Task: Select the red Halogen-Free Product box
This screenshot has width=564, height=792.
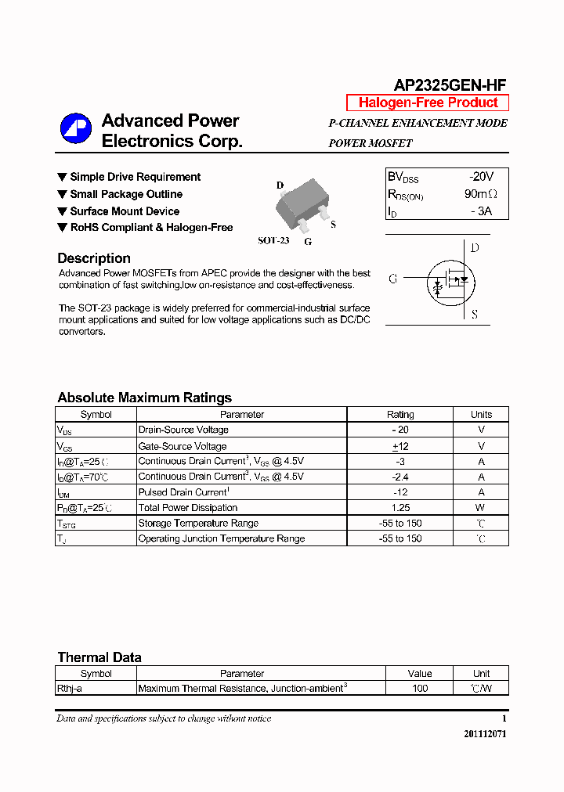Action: point(428,103)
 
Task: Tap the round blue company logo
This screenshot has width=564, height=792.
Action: point(76,129)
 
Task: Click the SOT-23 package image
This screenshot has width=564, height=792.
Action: point(302,206)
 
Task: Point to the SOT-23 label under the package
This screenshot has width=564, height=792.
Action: point(273,240)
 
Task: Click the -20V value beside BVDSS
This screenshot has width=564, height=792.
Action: point(481,177)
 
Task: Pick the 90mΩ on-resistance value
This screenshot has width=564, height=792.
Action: point(480,194)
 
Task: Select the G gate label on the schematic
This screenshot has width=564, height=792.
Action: point(392,279)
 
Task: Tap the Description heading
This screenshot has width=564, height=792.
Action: point(94,258)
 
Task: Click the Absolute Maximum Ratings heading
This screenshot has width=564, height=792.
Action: point(144,398)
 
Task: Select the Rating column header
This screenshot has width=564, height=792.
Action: point(400,415)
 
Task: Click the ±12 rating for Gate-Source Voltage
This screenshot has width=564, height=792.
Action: point(400,446)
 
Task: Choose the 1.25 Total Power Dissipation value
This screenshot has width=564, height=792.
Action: point(400,508)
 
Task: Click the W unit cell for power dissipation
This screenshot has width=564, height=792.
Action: point(481,508)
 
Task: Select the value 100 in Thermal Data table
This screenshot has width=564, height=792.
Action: point(420,689)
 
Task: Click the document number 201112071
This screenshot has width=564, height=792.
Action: point(485,735)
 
